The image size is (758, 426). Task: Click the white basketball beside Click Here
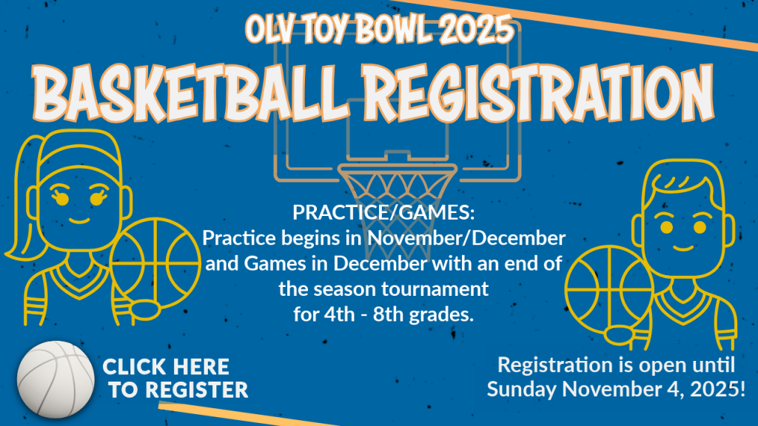pyautogui.click(x=56, y=379)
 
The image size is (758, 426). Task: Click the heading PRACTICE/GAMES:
pyautogui.click(x=383, y=212)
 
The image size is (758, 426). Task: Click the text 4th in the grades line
pyautogui.click(x=339, y=314)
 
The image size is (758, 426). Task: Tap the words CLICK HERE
pyautogui.click(x=166, y=367)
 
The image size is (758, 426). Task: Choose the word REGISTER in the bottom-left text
pyautogui.click(x=197, y=390)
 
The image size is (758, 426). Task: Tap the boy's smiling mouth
pyautogui.click(x=683, y=248)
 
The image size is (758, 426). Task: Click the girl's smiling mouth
pyautogui.click(x=80, y=220)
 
